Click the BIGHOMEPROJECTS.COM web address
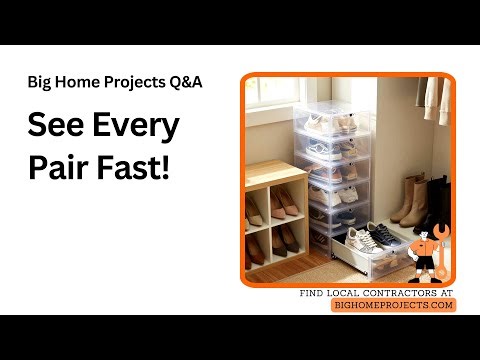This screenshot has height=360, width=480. click(x=393, y=304)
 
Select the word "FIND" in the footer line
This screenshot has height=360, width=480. click(x=316, y=293)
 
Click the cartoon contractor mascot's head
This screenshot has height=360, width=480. click(x=425, y=239)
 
